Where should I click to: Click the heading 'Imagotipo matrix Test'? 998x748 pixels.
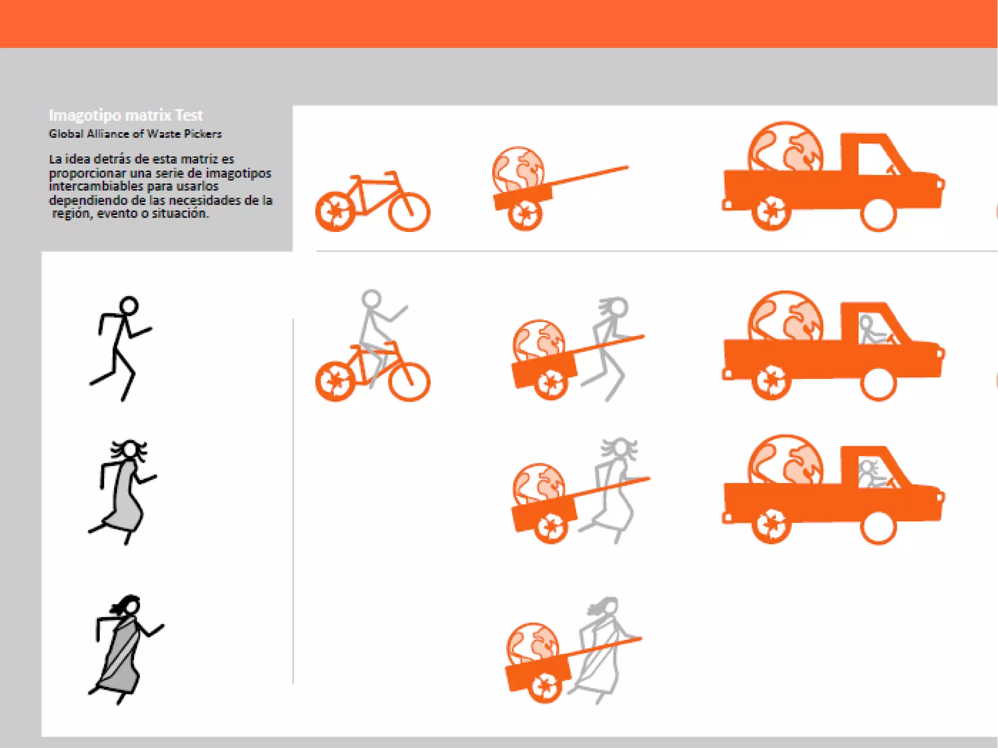point(126,115)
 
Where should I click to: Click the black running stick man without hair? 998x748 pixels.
point(121,348)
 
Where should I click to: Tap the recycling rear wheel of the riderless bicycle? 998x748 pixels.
point(335,212)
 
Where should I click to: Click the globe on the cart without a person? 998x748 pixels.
point(518,169)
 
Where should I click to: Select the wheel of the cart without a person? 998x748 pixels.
point(525,214)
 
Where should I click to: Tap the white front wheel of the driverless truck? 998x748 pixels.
point(879,214)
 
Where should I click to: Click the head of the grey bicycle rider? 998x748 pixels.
point(371,299)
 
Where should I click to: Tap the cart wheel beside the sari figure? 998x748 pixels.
point(544,686)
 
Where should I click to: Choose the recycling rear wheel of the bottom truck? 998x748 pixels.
point(771,526)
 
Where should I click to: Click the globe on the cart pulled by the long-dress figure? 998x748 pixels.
point(539,485)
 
